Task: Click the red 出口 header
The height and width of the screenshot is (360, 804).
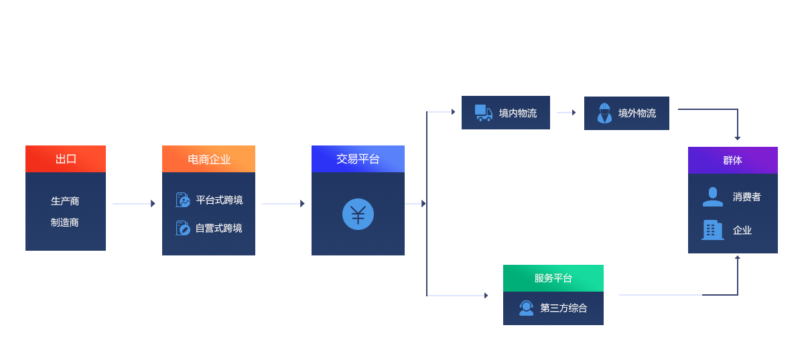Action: point(66,159)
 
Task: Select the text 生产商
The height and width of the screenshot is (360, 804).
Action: point(65,201)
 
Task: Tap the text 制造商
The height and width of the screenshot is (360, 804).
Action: point(65,223)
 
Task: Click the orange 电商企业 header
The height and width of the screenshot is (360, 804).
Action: point(208,159)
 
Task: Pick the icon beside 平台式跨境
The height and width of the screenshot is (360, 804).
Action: point(183,200)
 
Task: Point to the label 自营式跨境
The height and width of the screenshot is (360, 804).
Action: point(218,229)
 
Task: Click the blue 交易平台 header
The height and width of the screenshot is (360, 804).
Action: point(358,159)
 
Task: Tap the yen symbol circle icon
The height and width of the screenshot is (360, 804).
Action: point(358,215)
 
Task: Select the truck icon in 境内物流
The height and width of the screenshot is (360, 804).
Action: point(484,113)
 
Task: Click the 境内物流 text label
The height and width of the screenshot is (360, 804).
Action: point(518,113)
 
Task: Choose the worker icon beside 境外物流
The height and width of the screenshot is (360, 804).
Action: point(604,113)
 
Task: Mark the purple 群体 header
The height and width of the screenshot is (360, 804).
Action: point(732,160)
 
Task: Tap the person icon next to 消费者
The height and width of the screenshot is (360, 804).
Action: point(712,197)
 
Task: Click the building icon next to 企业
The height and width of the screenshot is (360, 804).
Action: point(712,230)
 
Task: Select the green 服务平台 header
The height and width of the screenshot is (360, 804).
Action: point(553,278)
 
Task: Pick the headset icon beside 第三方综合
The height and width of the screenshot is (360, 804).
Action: point(527,308)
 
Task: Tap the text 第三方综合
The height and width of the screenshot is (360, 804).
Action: point(563,308)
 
